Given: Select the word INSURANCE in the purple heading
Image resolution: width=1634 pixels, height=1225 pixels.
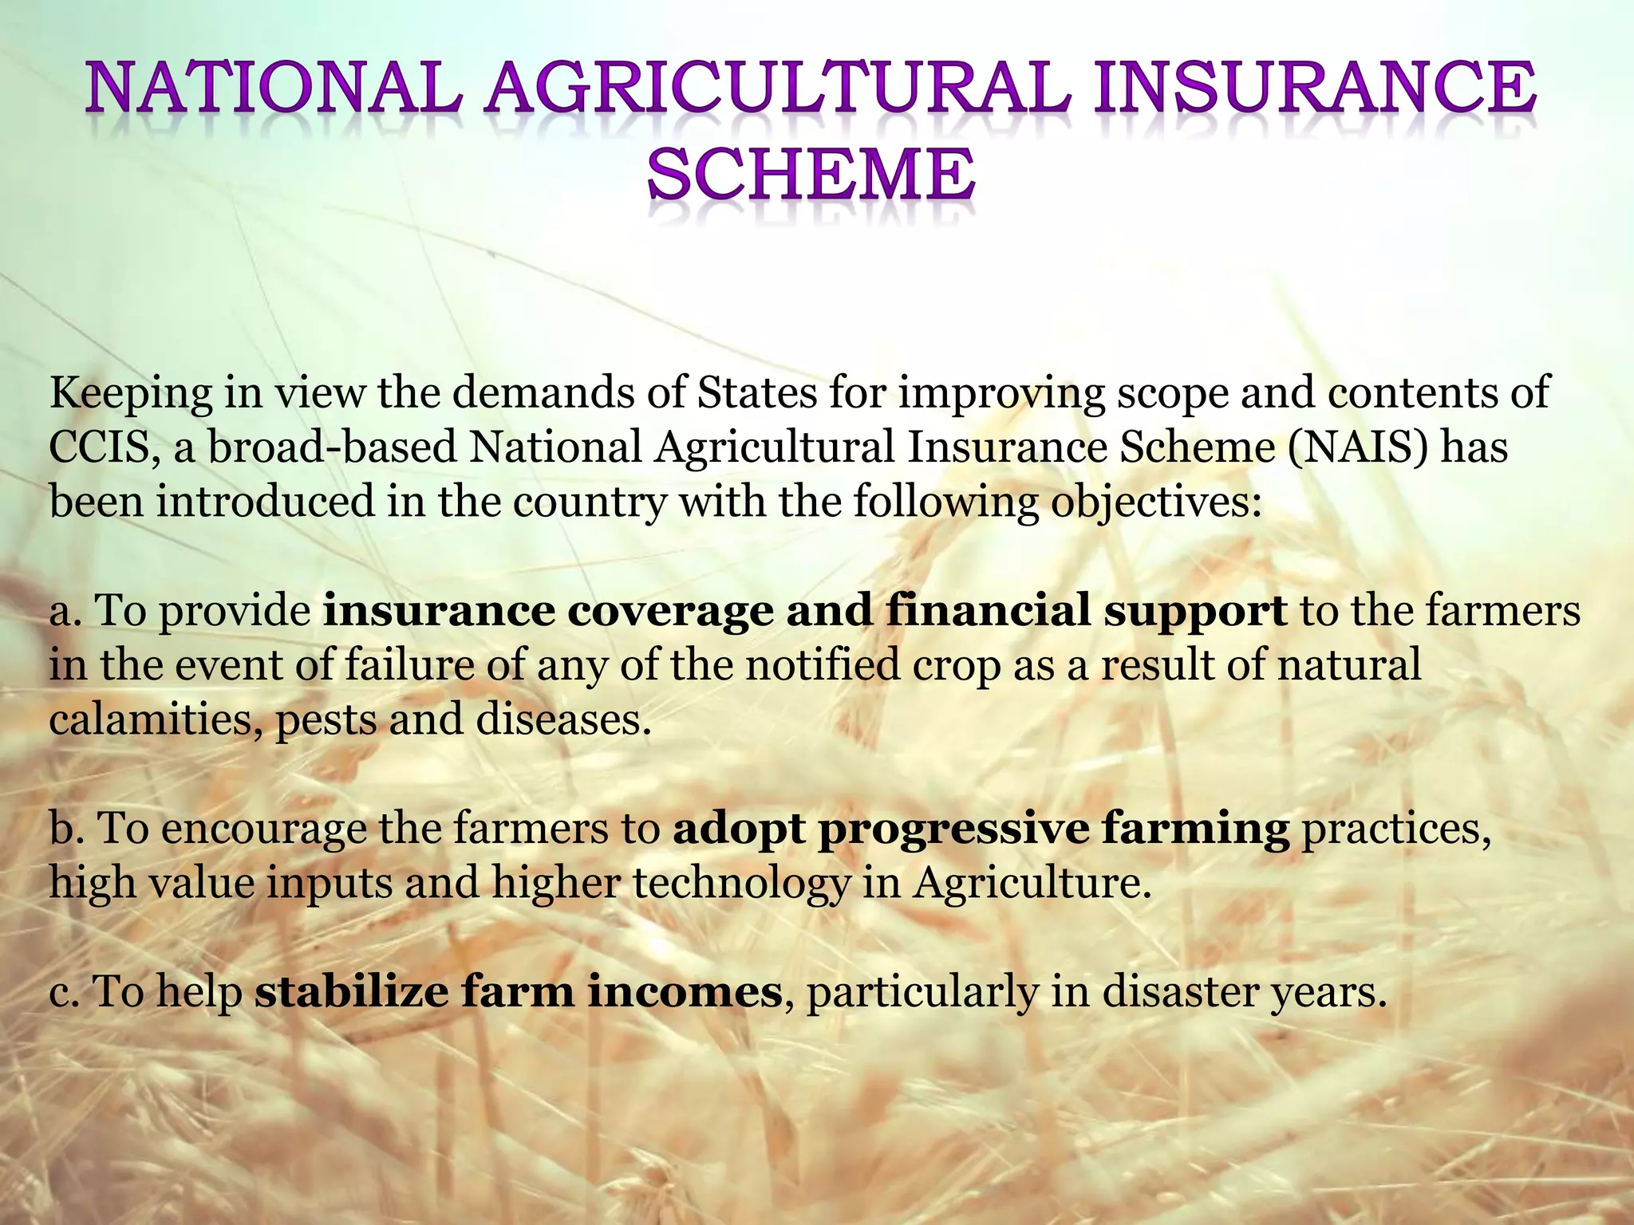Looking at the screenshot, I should coord(1314,90).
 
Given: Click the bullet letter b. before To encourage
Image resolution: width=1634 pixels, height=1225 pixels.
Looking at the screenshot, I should coord(67,829).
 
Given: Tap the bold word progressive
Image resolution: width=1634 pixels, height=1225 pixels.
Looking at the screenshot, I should coord(953,830).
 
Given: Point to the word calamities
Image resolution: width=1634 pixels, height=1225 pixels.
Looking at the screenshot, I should coord(156,719).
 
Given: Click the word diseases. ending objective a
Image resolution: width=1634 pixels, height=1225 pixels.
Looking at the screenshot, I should coord(563,719).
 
